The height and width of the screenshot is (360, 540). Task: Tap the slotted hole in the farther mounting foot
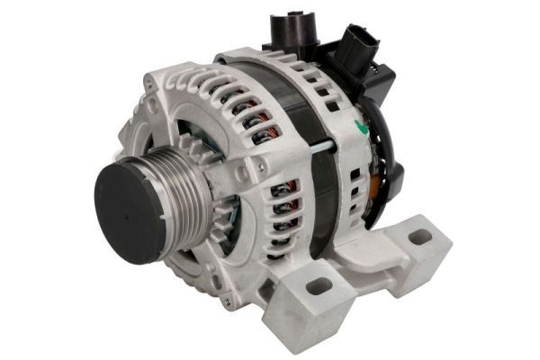coord(420,238)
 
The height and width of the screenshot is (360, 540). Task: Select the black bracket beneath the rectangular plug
coord(382,85)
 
